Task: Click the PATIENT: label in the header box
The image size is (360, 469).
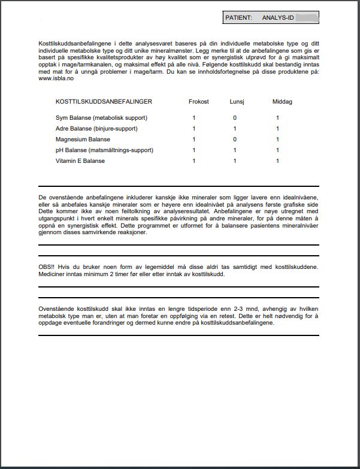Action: (238, 18)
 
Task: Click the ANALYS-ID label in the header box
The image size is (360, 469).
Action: (278, 18)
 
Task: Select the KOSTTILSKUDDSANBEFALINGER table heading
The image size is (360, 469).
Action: (104, 102)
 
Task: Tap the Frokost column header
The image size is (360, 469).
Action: (199, 102)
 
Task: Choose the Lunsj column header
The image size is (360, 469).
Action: (237, 102)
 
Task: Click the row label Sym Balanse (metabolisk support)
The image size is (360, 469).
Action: (101, 118)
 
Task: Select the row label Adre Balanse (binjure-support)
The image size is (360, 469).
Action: (96, 129)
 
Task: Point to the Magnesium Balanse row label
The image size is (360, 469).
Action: (83, 140)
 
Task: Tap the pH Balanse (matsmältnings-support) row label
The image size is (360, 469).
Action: (104, 150)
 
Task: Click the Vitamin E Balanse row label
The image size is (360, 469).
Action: (80, 161)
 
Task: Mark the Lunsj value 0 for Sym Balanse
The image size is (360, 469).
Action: (235, 118)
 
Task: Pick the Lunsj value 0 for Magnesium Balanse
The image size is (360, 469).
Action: (235, 140)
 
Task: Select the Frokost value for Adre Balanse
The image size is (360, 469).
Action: (194, 129)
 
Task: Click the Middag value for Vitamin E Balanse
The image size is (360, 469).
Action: (277, 161)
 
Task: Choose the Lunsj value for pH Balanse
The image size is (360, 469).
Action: (235, 150)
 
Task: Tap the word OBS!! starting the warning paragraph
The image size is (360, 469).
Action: (47, 267)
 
